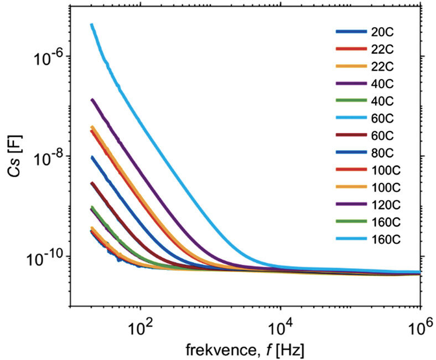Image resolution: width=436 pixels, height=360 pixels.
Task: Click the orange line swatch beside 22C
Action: point(351,66)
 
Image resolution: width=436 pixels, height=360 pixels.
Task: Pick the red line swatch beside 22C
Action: point(351,49)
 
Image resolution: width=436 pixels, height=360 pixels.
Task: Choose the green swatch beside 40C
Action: point(351,101)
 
